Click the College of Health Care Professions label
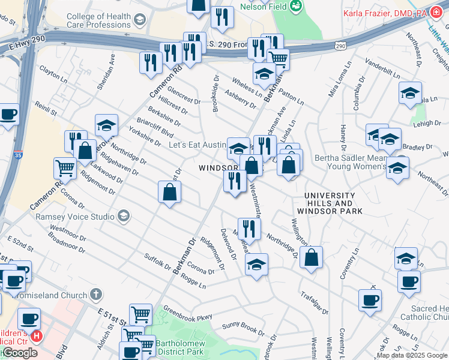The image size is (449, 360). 100,21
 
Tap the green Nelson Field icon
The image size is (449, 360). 295,7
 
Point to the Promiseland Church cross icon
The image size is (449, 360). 96,295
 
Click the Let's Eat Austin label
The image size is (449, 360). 196,145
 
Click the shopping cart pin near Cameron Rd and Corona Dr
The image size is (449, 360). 65,168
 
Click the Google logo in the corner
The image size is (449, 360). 19,353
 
